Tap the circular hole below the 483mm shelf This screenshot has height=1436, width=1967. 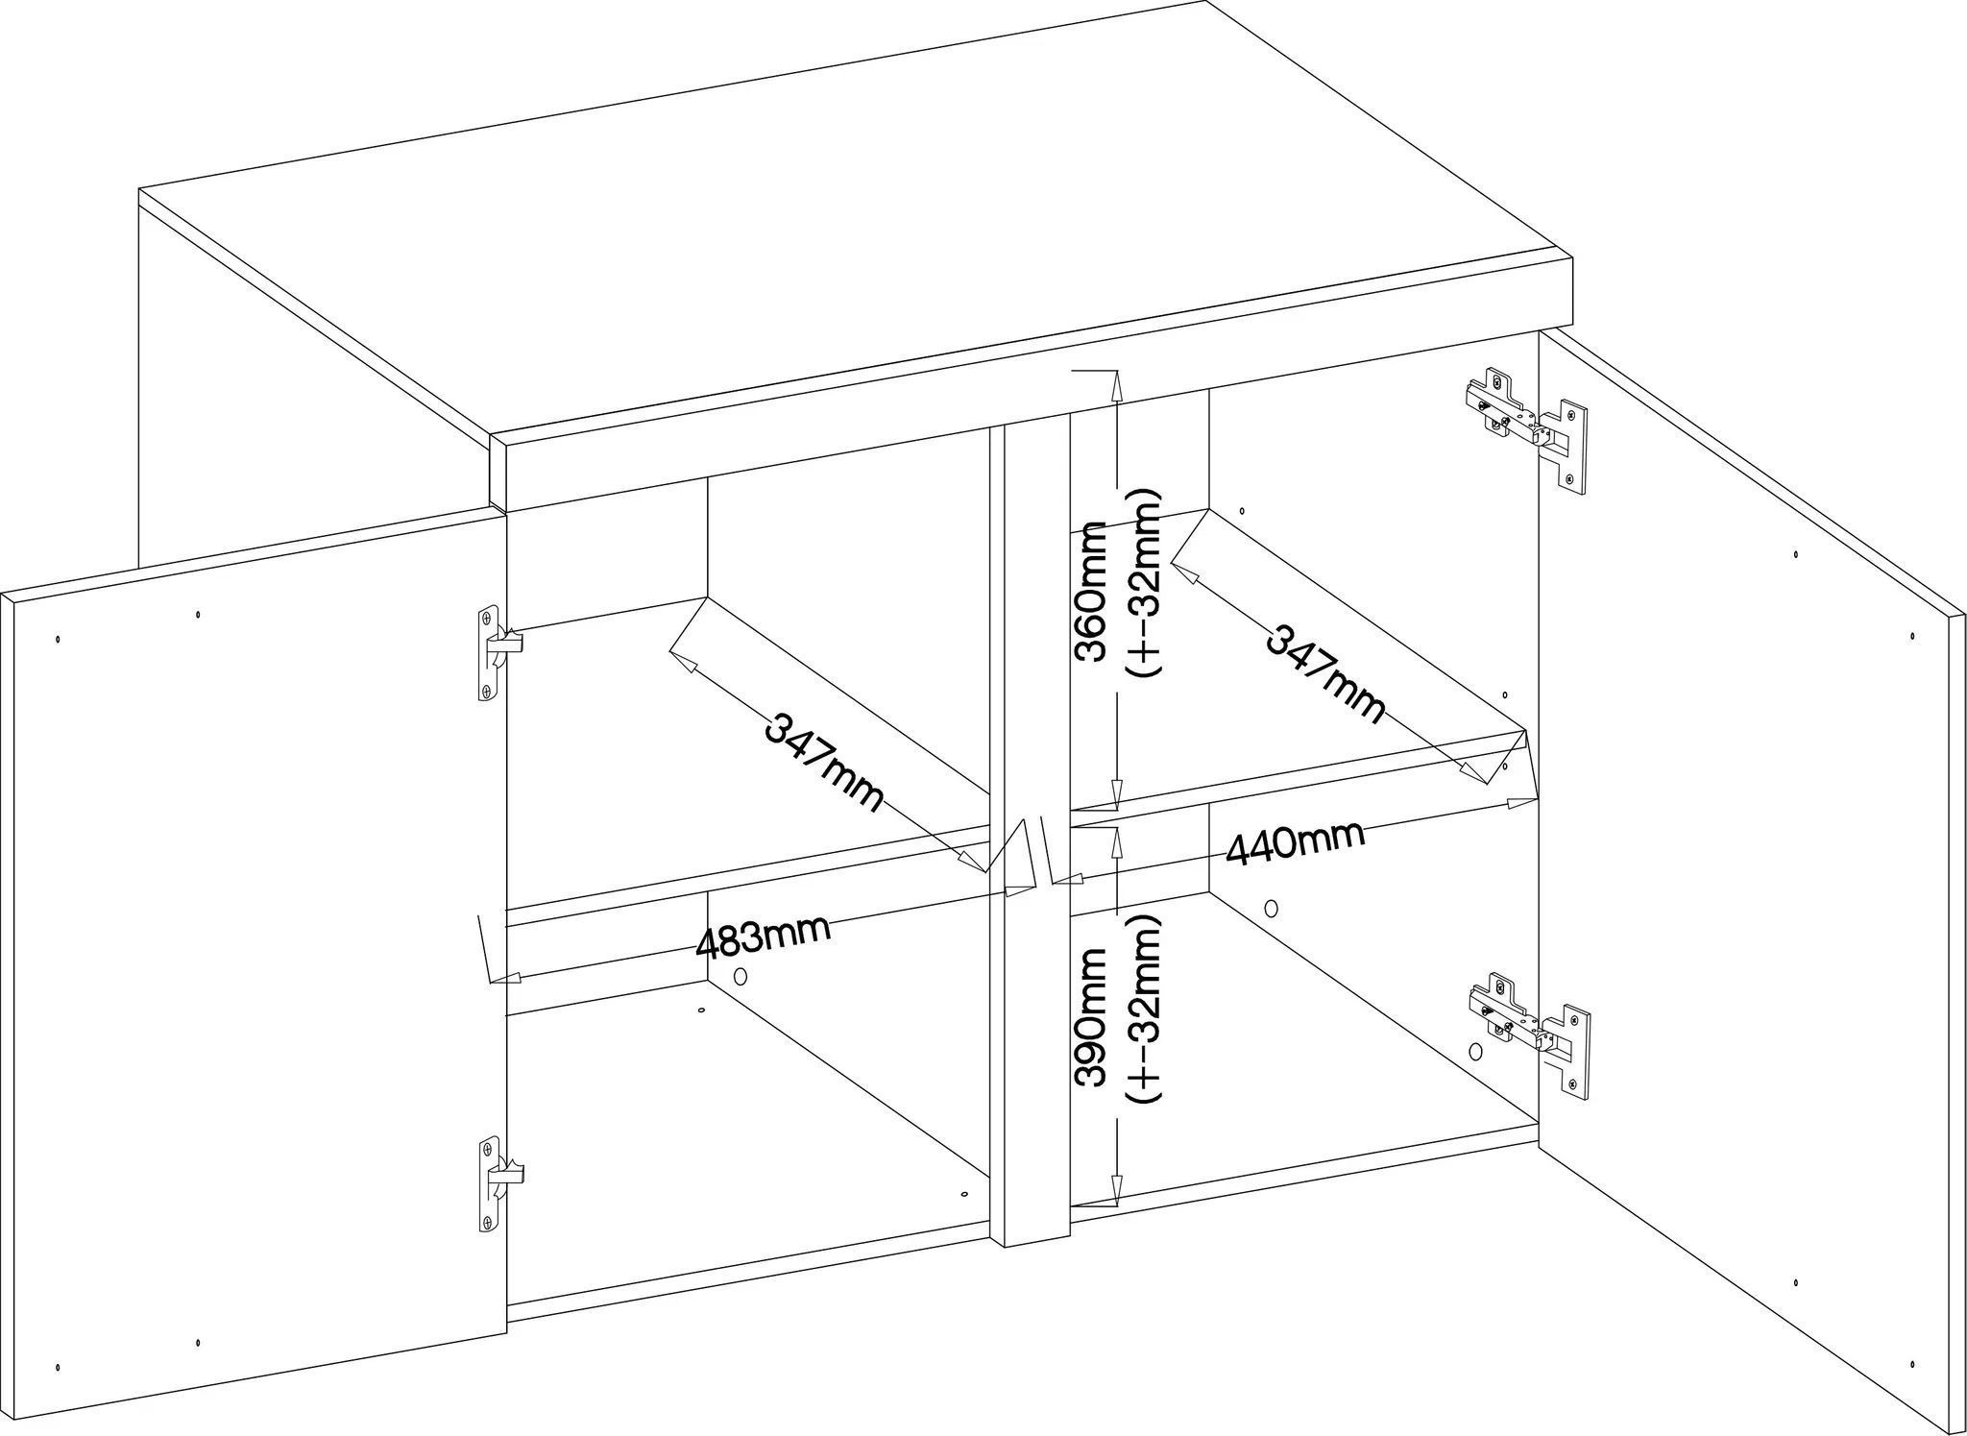pyautogui.click(x=740, y=976)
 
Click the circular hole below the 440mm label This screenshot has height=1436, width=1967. pyautogui.click(x=1272, y=907)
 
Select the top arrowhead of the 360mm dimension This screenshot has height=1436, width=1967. pyautogui.click(x=1116, y=384)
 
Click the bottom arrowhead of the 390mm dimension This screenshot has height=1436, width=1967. pyautogui.click(x=1116, y=1191)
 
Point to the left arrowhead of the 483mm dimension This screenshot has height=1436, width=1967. pyautogui.click(x=510, y=979)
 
